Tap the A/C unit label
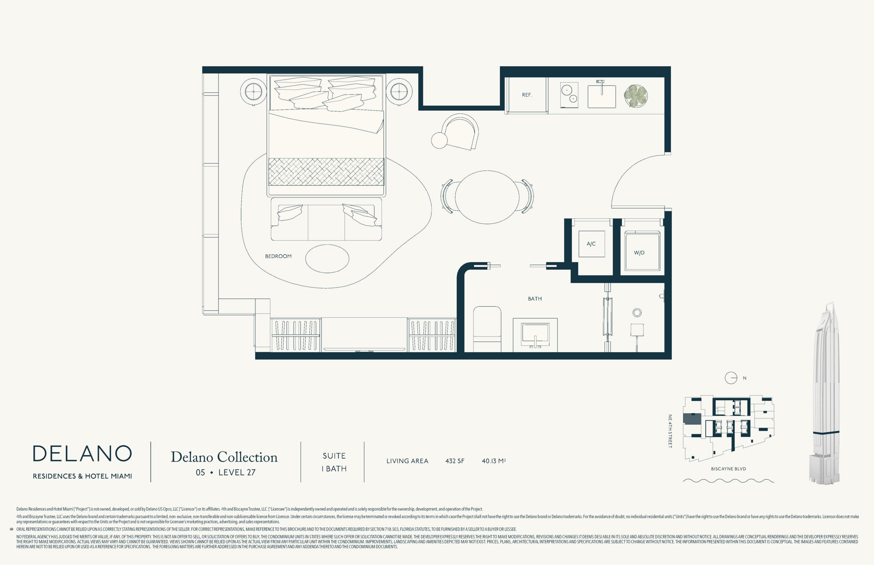click(x=591, y=244)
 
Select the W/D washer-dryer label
click(x=639, y=253)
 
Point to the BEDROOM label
click(x=278, y=256)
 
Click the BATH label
click(x=535, y=299)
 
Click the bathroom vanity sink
click(x=535, y=335)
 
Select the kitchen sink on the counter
click(x=602, y=96)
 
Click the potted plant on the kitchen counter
click(x=636, y=96)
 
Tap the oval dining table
click(x=487, y=197)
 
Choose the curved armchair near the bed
click(x=460, y=132)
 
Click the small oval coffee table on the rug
click(x=327, y=259)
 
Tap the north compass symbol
click(x=731, y=378)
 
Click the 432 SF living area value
click(x=455, y=461)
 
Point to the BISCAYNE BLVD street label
click(x=728, y=469)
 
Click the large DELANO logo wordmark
click(x=82, y=453)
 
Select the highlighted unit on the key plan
click(x=692, y=419)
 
